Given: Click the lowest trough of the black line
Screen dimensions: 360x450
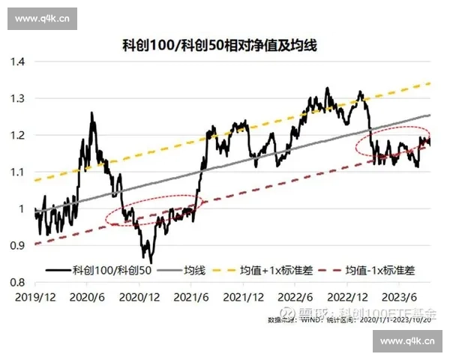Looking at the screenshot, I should [151, 262].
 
